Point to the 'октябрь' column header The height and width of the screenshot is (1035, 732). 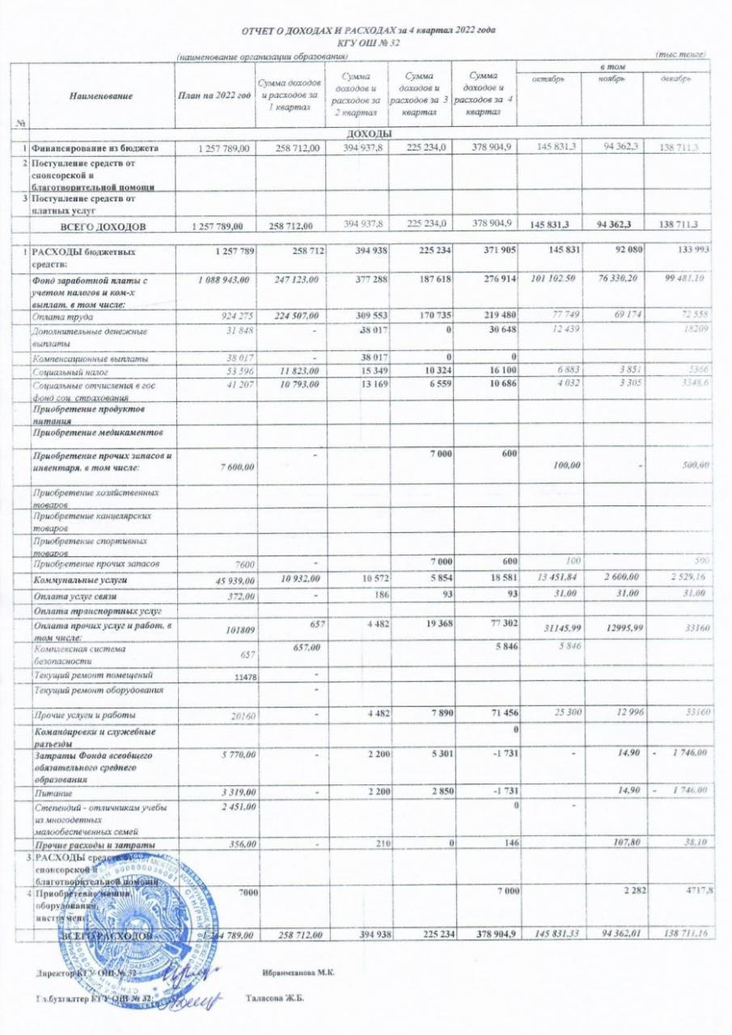pyautogui.click(x=548, y=79)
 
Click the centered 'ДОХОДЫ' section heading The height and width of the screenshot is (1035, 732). pyautogui.click(x=369, y=133)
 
